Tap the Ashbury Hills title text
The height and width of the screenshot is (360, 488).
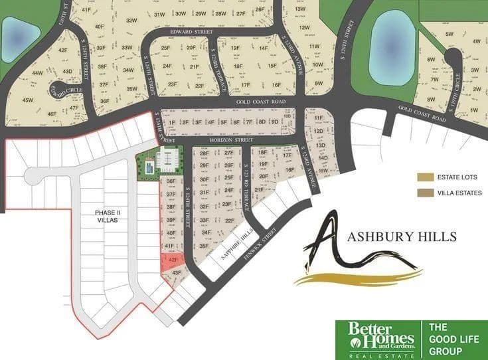tap(403, 236)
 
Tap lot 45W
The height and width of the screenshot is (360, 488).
tap(28, 100)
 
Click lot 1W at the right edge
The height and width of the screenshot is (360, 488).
tap(473, 110)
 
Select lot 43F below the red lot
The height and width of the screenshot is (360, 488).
tap(176, 273)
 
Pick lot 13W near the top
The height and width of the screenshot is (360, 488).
tap(300, 9)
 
